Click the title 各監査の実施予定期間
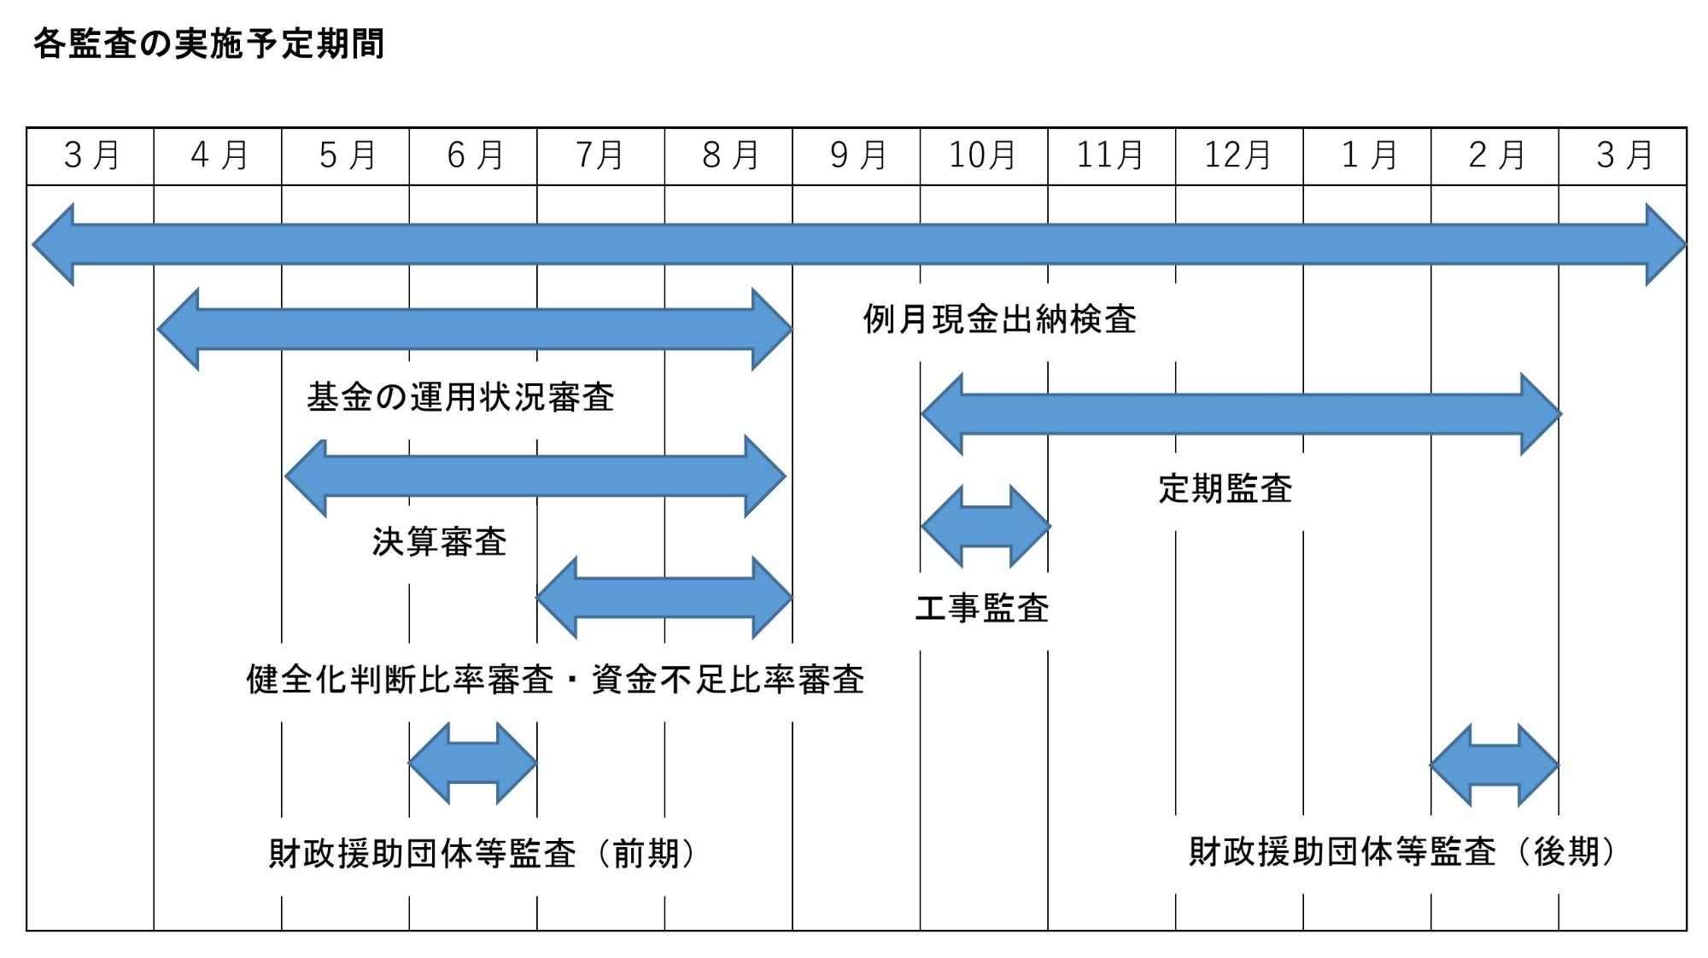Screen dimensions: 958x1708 209,44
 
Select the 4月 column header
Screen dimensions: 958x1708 219,155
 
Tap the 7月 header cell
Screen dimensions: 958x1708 600,155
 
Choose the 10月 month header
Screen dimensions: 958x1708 983,155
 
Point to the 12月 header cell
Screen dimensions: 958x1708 1238,155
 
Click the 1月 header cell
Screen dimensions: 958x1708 1366,155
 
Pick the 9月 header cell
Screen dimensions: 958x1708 857,155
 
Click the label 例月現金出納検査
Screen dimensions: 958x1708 999,319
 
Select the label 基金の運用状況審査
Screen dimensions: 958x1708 460,397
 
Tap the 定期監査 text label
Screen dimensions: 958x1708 1225,488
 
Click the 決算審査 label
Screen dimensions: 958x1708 439,541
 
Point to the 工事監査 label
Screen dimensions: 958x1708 982,608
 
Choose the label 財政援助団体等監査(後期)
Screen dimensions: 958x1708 1404,851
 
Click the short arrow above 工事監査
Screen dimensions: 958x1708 986,526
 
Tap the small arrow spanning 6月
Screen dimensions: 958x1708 472,763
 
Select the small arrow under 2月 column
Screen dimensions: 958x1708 1494,765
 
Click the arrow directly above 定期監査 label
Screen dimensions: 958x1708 1241,414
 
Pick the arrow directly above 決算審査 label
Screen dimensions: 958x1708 535,476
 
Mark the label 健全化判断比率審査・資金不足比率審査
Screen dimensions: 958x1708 555,680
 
